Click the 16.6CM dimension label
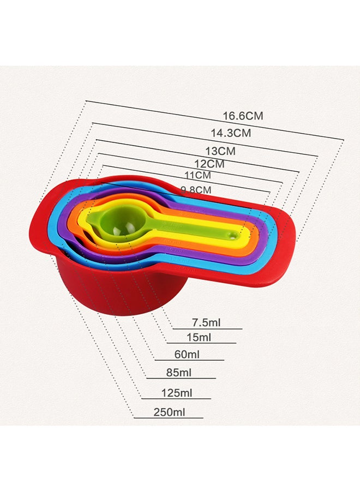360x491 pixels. click(x=243, y=116)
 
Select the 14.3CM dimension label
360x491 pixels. click(x=231, y=133)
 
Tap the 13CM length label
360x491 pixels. click(x=220, y=151)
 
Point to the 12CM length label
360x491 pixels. click(x=209, y=164)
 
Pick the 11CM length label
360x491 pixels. click(x=197, y=176)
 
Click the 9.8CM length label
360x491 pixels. click(x=195, y=190)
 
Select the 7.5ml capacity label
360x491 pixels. click(x=206, y=322)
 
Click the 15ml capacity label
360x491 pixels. click(x=199, y=337)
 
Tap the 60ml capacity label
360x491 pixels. click(x=187, y=355)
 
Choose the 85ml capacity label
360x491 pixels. click(x=178, y=373)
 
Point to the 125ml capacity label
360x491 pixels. click(x=176, y=393)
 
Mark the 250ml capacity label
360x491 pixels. click(x=169, y=412)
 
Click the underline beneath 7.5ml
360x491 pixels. click(x=207, y=329)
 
